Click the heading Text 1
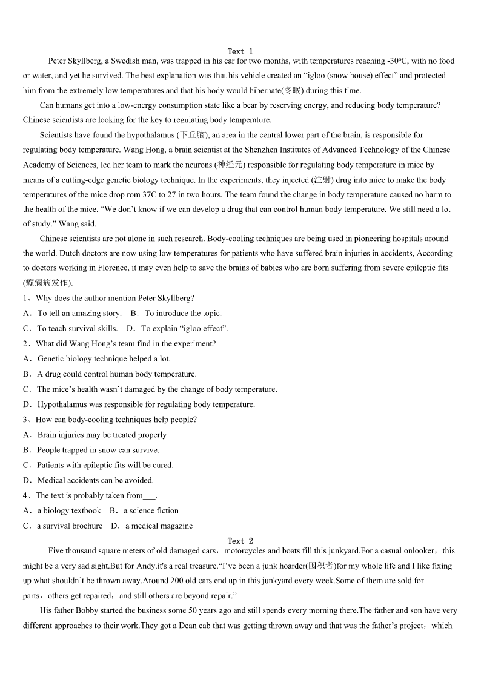pyautogui.click(x=240, y=51)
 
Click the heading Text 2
pyautogui.click(x=240, y=541)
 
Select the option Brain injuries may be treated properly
pyautogui.click(x=102, y=435)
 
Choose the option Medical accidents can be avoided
pyautogui.click(x=96, y=480)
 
